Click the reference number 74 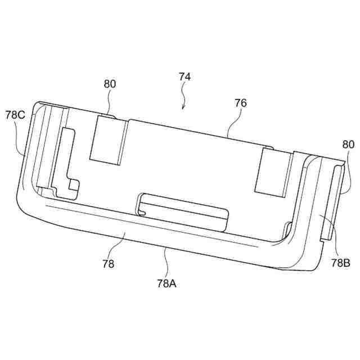tap(185, 76)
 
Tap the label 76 tap(240, 103)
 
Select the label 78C tap(15, 115)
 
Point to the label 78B tap(341, 263)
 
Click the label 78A tap(166, 283)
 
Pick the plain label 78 tap(108, 264)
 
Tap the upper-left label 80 tap(110, 84)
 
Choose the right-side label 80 tap(348, 145)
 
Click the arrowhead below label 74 tap(183, 107)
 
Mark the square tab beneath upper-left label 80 tap(109, 140)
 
